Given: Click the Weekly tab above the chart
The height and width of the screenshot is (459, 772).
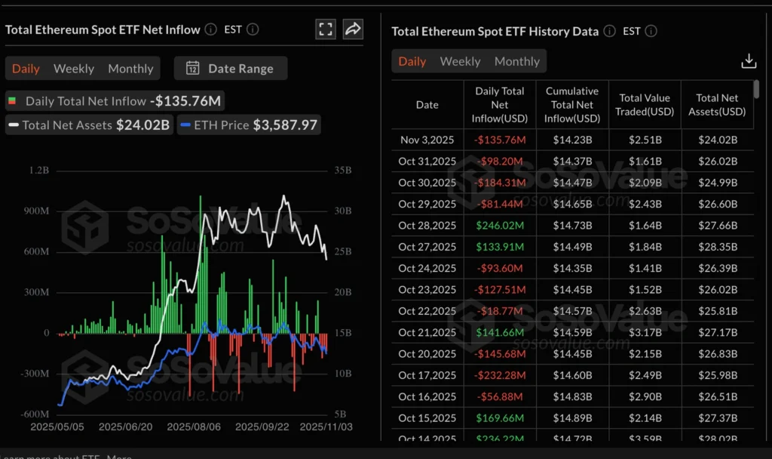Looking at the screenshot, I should click(74, 69).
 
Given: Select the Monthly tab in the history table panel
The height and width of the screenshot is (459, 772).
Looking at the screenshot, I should click(516, 62).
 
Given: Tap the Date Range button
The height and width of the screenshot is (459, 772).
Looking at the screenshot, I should click(231, 69).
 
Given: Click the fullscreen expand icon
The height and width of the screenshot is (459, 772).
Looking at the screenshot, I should click(326, 29).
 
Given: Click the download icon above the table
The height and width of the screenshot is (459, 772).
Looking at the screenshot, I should click(749, 61).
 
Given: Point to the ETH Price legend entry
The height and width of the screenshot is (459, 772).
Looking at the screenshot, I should click(249, 125).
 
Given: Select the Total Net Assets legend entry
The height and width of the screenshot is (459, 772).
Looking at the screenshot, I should click(89, 125).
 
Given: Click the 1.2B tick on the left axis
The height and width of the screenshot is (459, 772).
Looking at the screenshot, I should click(38, 171).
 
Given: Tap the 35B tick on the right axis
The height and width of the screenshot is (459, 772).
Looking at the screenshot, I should click(342, 171).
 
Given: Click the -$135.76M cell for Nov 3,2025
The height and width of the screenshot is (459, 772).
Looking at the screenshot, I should click(500, 140).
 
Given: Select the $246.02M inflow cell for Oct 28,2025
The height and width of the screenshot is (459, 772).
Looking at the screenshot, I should click(500, 226).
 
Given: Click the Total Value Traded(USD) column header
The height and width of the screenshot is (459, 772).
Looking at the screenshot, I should click(645, 105).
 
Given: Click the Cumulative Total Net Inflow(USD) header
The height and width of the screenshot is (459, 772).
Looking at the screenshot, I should click(572, 105).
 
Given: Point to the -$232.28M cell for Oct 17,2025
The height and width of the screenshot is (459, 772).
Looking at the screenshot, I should click(500, 375).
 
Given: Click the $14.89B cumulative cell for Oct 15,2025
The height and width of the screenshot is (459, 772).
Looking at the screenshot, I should click(572, 418).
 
